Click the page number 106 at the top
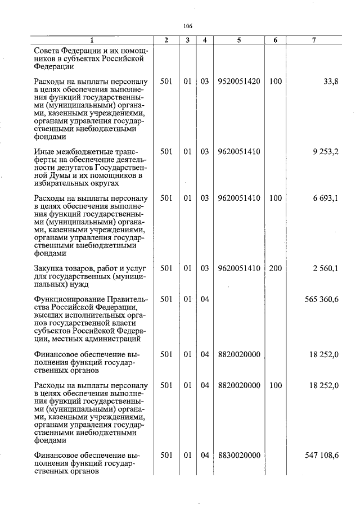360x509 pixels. pyautogui.click(x=188, y=26)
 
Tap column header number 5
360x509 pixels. pyautogui.click(x=238, y=40)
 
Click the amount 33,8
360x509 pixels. pyautogui.click(x=331, y=82)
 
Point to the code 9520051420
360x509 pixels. pyautogui.click(x=238, y=82)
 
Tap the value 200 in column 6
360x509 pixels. pyautogui.click(x=275, y=268)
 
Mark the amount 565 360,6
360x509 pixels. pyautogui.click(x=322, y=299)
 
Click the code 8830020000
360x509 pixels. pyautogui.click(x=238, y=454)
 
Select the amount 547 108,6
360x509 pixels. pyautogui.click(x=322, y=454)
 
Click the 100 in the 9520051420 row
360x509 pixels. pyautogui.click(x=275, y=82)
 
